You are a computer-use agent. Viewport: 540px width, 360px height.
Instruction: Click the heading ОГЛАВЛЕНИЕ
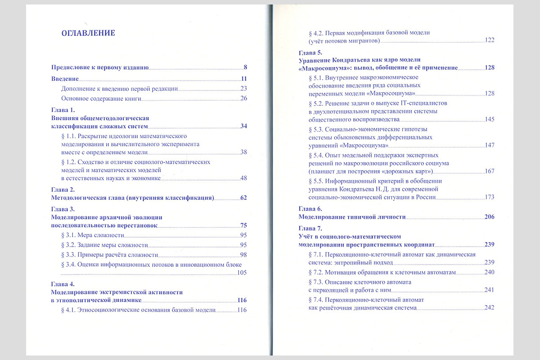(x=88, y=33)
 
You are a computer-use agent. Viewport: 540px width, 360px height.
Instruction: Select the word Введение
(x=63, y=79)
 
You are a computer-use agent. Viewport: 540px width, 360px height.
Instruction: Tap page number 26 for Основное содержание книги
(x=244, y=98)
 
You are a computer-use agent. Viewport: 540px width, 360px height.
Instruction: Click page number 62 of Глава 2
(x=244, y=198)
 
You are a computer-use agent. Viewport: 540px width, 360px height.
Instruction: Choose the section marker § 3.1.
(x=67, y=235)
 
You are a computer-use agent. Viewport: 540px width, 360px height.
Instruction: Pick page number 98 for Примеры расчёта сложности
(x=244, y=255)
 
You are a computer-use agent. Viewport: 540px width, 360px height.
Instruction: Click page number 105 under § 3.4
(x=242, y=273)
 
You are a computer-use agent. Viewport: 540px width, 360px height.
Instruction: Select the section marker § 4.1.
(x=67, y=310)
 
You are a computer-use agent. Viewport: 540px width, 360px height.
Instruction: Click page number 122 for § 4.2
(x=490, y=40)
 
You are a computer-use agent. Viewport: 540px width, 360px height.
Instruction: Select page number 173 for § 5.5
(x=490, y=197)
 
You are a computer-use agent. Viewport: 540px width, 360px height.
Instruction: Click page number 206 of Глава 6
(x=490, y=217)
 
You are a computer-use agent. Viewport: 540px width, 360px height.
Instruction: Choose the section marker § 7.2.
(x=316, y=272)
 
